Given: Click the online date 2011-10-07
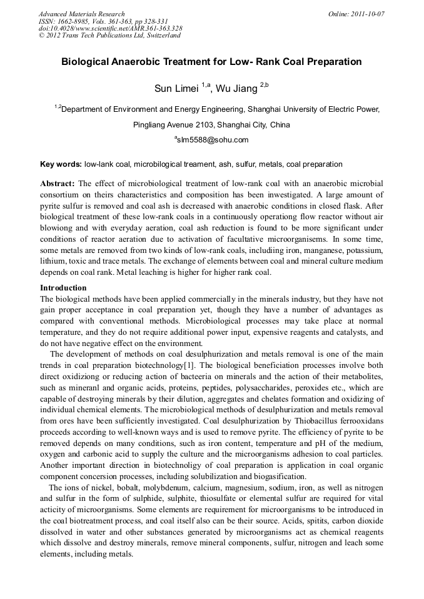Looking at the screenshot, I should click(x=368, y=14).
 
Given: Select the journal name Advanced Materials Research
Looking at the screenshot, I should click(x=81, y=14).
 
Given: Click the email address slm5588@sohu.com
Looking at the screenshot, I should click(x=213, y=140).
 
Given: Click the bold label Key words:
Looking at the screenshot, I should click(x=61, y=164).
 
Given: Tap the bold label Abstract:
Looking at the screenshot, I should click(x=58, y=184).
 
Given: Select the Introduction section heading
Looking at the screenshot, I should click(x=63, y=288).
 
